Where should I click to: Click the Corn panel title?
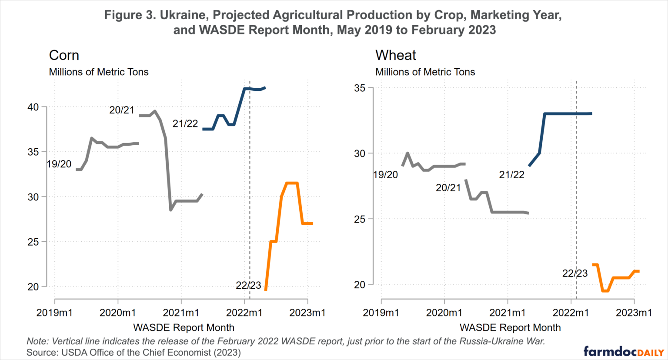click(64, 55)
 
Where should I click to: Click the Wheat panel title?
click(395, 55)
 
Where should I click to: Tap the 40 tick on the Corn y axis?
click(33, 107)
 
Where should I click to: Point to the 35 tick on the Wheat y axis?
click(360, 88)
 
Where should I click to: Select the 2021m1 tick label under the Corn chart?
click(181, 313)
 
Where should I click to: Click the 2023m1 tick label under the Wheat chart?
click(634, 313)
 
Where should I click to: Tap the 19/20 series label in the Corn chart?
click(59, 164)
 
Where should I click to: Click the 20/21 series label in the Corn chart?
click(122, 110)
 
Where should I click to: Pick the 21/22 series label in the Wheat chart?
click(511, 175)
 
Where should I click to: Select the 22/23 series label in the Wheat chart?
click(574, 273)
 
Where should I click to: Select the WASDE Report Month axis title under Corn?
click(184, 328)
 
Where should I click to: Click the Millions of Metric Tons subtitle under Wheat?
click(425, 72)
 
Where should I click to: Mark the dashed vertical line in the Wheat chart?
click(576, 196)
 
